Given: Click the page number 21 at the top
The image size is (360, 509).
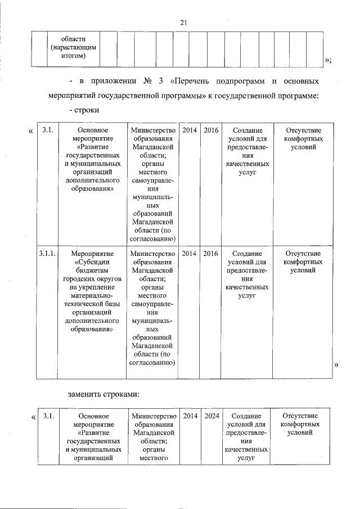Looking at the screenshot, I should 183,22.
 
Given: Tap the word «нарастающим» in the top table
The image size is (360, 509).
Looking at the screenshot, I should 67,48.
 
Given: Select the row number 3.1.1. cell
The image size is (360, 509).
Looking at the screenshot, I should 47,254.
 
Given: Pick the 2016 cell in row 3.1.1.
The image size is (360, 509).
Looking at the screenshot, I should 211,254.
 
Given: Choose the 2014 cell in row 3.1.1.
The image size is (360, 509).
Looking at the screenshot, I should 190,254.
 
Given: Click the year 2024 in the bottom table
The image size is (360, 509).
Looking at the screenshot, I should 212,416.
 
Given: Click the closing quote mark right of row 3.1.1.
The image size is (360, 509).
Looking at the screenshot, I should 336,366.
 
